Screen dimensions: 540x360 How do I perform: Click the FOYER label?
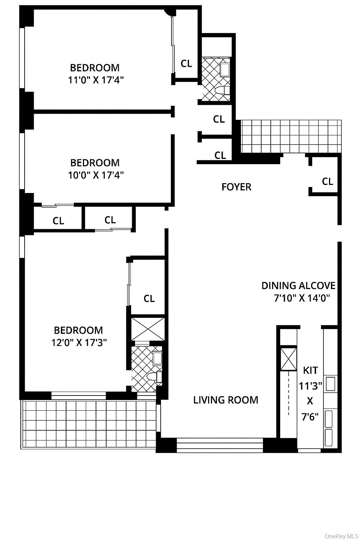pos(236,187)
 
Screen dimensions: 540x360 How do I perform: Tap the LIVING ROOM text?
pos(226,400)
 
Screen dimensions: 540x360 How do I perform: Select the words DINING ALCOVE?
pos(298,285)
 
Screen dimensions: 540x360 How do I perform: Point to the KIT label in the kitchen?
pos(310,370)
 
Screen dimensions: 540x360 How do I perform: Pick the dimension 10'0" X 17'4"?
pos(96,175)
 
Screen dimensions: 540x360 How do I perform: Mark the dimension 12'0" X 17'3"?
pos(79,342)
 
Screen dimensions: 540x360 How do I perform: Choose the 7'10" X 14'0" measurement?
pos(302,298)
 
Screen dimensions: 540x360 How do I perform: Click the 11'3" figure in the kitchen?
pos(310,386)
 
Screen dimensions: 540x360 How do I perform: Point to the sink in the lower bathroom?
pos(157,358)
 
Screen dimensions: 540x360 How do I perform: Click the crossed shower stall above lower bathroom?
pos(148,329)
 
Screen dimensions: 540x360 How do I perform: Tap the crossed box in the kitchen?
pos(288,359)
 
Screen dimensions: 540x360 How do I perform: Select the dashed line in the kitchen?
pos(289,394)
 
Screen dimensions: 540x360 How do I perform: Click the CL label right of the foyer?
pos(327,181)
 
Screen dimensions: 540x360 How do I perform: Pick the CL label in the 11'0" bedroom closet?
pos(186,64)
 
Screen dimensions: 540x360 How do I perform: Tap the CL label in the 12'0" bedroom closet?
pos(149,298)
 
